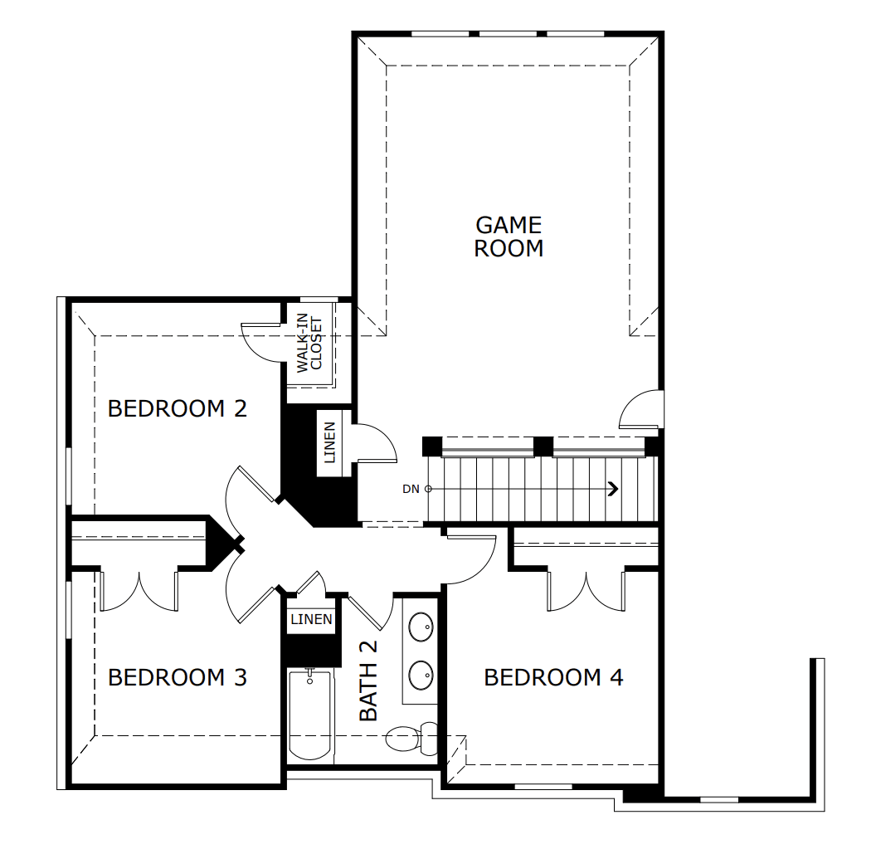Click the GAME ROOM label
click(x=509, y=237)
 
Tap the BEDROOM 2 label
click(x=178, y=408)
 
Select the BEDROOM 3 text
click(x=178, y=678)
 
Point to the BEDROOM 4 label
click(x=553, y=678)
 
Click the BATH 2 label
click(x=368, y=681)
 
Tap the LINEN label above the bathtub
click(x=311, y=619)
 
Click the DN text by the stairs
click(x=411, y=489)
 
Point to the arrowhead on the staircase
click(x=613, y=489)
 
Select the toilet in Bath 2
click(x=411, y=736)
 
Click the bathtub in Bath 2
click(x=310, y=715)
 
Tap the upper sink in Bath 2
click(x=421, y=627)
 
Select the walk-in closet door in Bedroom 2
click(x=262, y=341)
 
